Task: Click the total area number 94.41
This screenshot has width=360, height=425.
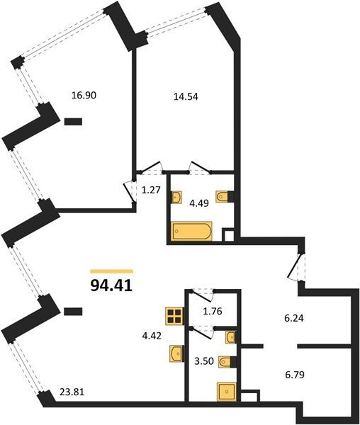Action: [111, 285]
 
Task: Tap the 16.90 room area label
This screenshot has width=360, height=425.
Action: [84, 96]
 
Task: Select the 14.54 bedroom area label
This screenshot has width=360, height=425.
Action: [186, 96]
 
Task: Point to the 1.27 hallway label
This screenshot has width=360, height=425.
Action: [151, 190]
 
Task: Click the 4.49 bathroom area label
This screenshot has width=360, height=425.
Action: [199, 203]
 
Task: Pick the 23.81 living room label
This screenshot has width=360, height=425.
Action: [72, 392]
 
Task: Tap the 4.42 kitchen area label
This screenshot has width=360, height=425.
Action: [152, 336]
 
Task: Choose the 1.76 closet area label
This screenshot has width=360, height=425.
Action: [213, 311]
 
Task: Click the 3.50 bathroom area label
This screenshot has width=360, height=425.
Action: [204, 361]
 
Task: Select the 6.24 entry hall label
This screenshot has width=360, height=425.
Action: [294, 318]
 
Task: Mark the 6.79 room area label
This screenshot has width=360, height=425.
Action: [295, 375]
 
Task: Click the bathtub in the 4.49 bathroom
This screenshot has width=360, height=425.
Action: [192, 231]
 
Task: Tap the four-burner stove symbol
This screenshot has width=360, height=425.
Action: [174, 316]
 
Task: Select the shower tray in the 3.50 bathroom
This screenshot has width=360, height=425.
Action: [227, 392]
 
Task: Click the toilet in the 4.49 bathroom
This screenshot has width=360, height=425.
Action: [225, 196]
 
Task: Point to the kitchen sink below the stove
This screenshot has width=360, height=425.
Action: [176, 353]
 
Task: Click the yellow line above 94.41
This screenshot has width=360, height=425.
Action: [112, 271]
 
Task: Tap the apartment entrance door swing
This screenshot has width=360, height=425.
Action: [296, 268]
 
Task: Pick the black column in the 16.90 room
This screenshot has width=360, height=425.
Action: [73, 122]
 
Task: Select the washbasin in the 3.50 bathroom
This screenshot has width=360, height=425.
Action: [231, 337]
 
